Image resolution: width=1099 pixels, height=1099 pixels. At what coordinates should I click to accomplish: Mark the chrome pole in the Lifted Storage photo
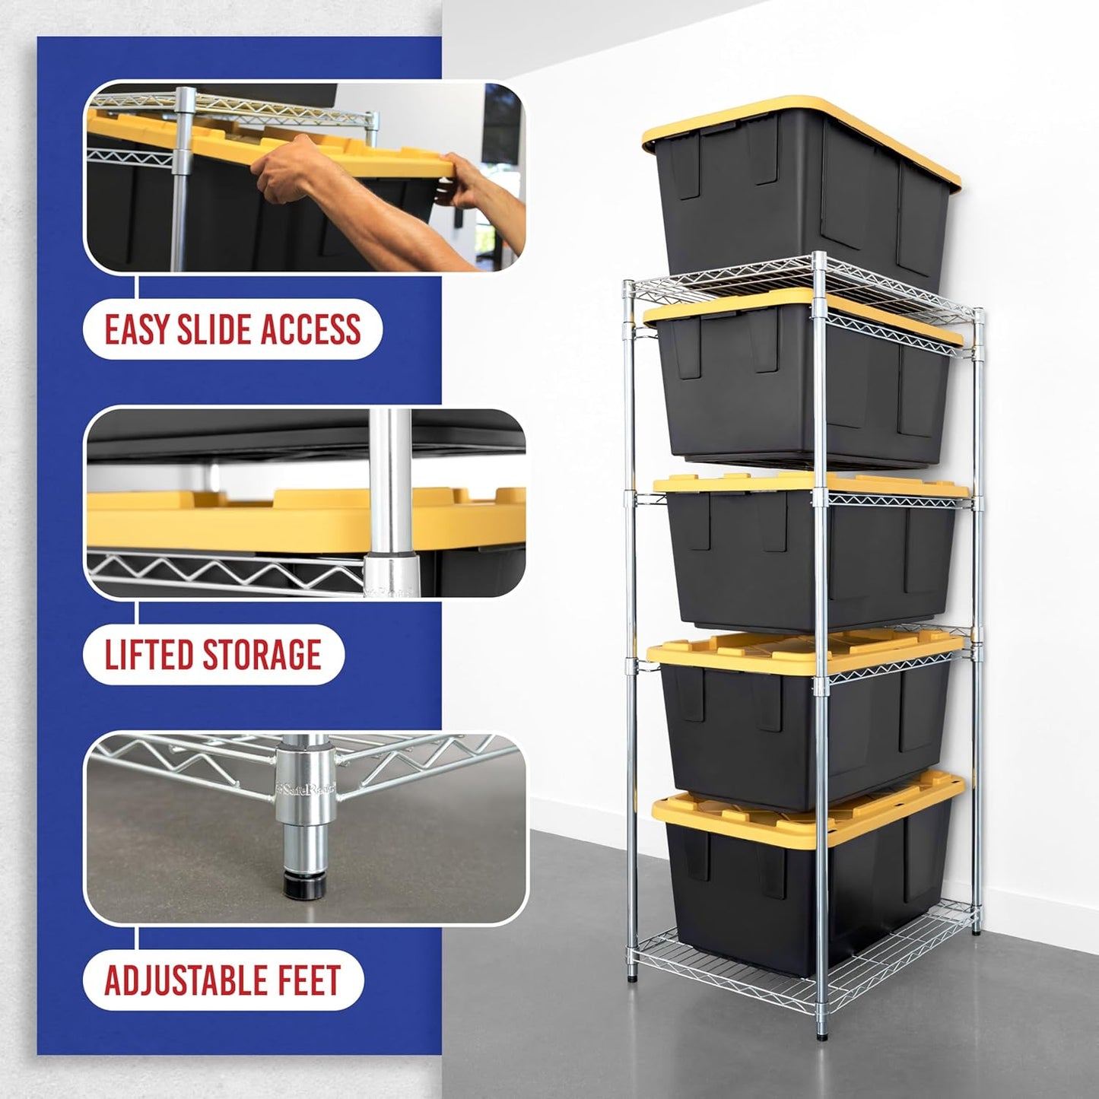tap(388, 487)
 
